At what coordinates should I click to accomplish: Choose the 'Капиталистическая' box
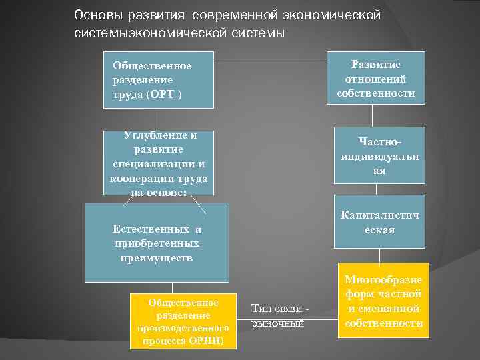pos(379,223)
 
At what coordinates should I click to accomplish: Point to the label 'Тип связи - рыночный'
pos(279,315)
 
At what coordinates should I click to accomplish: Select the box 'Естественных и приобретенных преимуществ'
pos(157,242)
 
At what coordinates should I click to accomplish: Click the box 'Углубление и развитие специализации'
pos(159,163)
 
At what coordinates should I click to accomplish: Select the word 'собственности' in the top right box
pos(376,93)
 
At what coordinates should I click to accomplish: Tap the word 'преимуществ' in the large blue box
pos(157,257)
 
